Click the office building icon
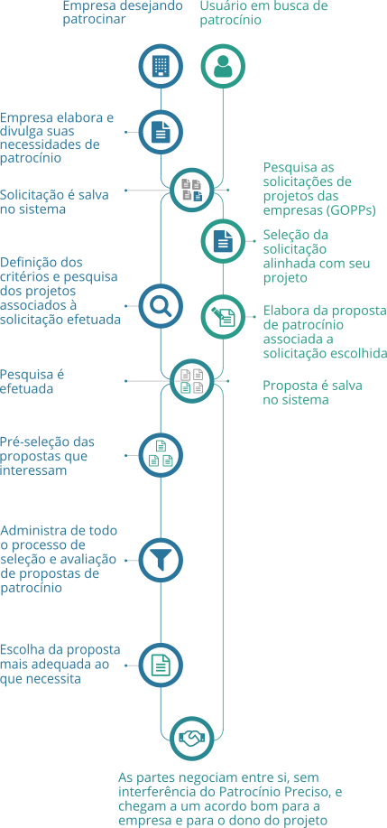[x=161, y=67]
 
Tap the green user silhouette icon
[x=223, y=67]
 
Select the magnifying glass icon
[x=161, y=306]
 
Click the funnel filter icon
[x=161, y=560]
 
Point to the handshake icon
[x=192, y=738]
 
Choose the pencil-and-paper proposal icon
[x=223, y=317]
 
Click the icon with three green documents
[x=161, y=455]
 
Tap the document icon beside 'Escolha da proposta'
[x=161, y=665]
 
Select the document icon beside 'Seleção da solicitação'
[x=223, y=241]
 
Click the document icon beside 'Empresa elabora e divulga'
[x=161, y=132]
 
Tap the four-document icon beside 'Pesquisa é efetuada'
[x=192, y=381]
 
